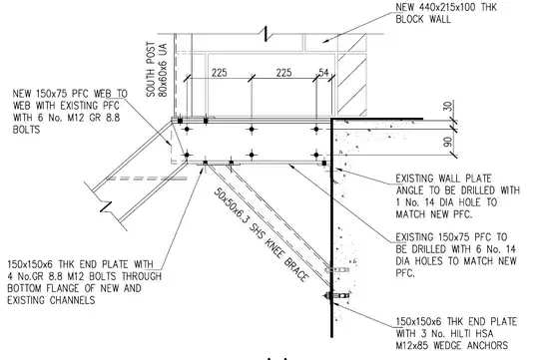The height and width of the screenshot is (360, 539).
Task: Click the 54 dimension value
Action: point(323,73)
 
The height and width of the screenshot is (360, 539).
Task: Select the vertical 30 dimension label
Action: point(447,106)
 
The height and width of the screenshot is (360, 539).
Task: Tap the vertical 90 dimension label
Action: point(447,142)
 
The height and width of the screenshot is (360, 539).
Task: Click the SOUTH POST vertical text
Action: point(152,70)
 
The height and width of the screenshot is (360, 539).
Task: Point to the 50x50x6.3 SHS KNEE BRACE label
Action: point(262,235)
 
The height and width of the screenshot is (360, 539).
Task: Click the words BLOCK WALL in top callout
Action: point(423,19)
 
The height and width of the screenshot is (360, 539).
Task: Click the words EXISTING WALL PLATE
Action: point(443,179)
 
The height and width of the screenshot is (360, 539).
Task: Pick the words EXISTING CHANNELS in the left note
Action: point(51,300)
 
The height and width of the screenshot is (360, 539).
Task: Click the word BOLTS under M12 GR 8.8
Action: point(27,130)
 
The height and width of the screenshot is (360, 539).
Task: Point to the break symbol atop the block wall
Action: point(266,34)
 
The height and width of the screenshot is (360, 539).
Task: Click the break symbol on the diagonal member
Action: point(106,206)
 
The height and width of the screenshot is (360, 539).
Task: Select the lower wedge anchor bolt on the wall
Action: point(337,295)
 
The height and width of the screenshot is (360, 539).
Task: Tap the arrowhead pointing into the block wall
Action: point(325,41)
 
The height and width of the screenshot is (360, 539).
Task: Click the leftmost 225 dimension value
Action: point(220,73)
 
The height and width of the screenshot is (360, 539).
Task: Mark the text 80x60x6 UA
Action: point(163,70)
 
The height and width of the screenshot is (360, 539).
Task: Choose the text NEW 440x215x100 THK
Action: point(446,7)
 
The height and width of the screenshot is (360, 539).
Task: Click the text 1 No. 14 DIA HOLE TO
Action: point(446,202)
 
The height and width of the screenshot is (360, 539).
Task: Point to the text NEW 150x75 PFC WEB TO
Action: point(70,94)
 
